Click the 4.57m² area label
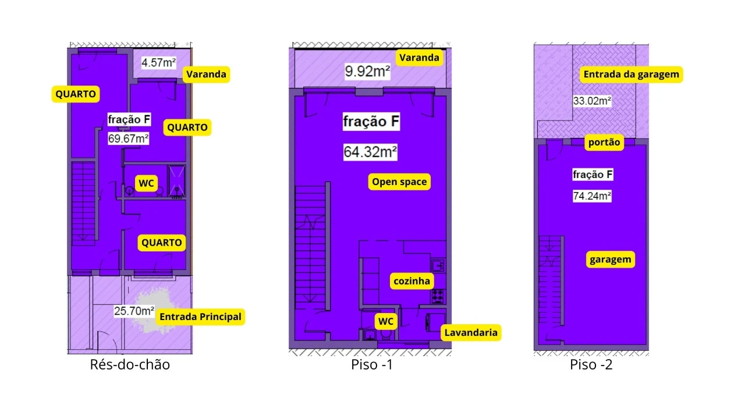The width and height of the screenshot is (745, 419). click(159, 62)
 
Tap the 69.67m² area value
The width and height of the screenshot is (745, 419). click(128, 139)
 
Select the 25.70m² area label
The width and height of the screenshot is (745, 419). click(134, 311)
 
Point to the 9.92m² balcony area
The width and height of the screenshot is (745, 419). click(367, 71)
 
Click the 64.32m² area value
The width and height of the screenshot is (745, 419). click(370, 152)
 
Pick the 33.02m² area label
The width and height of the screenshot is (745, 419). click(592, 101)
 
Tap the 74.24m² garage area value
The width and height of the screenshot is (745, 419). click(592, 196)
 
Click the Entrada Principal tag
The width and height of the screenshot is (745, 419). click(201, 317)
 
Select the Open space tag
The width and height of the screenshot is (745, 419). click(399, 182)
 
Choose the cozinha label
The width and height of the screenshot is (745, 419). click(411, 281)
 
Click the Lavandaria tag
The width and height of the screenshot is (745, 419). click(471, 332)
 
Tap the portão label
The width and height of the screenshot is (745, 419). click(604, 143)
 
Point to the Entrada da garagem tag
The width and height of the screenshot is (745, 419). click(632, 74)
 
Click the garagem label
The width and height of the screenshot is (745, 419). click(611, 260)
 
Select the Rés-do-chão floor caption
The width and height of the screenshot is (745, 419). click(130, 364)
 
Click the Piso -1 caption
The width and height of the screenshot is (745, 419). click(372, 364)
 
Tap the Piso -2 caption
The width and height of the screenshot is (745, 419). click(591, 364)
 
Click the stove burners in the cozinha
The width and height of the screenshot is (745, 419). click(438, 296)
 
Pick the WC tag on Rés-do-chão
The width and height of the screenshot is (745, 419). click(146, 183)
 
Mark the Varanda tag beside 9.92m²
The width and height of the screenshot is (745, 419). click(419, 58)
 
